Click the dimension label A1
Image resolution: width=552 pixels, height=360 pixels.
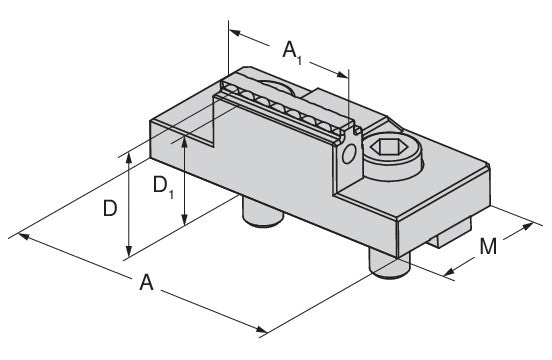(x=292, y=53)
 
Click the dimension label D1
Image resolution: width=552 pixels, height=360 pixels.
(x=164, y=187)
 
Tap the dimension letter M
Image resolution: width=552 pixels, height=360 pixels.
(x=488, y=246)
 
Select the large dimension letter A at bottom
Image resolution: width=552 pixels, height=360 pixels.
(x=146, y=282)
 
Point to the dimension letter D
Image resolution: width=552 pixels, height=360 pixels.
(x=110, y=208)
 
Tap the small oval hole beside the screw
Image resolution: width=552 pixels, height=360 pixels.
(x=349, y=154)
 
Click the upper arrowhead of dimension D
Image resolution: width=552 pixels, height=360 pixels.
(x=129, y=159)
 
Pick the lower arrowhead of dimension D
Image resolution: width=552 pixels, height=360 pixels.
(x=129, y=251)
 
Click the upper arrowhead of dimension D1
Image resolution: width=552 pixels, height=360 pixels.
(x=184, y=142)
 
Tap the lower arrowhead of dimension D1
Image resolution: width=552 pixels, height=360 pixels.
(x=184, y=219)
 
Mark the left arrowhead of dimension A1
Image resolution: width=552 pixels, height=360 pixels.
(x=235, y=33)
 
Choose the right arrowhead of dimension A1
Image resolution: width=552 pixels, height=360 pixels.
(x=342, y=74)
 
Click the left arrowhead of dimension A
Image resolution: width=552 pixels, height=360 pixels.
(x=24, y=236)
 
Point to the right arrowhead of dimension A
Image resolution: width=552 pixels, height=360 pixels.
(x=261, y=330)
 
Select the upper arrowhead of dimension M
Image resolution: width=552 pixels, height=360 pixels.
(x=527, y=226)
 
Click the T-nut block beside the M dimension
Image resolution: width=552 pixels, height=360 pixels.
(x=451, y=233)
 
